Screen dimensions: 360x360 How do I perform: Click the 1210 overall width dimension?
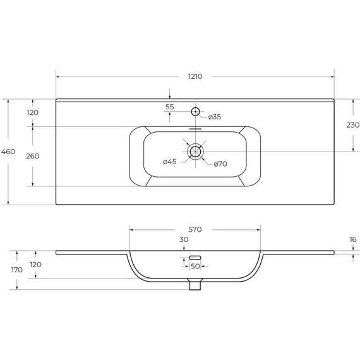195,76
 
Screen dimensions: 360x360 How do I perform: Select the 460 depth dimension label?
8,152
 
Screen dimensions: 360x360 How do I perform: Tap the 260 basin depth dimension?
33,156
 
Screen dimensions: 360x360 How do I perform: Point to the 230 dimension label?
353,125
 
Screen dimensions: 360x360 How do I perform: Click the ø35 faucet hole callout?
215,117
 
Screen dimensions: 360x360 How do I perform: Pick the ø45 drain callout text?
170,162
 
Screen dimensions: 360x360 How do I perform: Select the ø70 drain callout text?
220,164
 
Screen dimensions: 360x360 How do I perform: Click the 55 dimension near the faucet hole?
170,107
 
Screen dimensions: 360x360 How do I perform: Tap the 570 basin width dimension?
195,229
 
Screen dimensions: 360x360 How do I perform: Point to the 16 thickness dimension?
353,239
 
